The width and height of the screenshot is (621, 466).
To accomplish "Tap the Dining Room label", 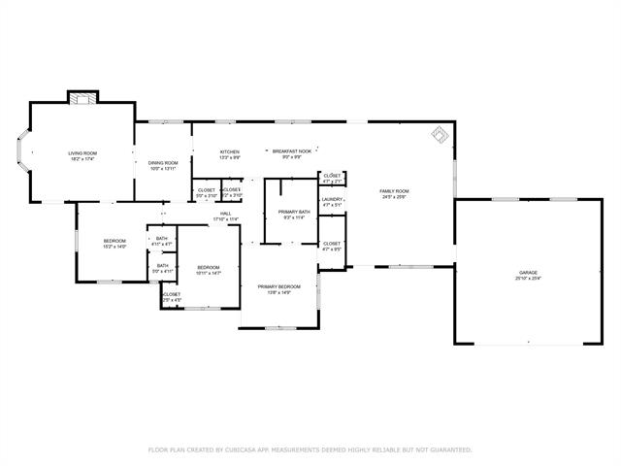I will (x=163, y=163).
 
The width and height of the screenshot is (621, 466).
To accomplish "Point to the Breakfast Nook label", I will (x=291, y=152).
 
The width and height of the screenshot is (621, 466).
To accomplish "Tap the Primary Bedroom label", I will (x=278, y=286).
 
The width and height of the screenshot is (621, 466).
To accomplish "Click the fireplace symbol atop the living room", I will (x=82, y=96).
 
